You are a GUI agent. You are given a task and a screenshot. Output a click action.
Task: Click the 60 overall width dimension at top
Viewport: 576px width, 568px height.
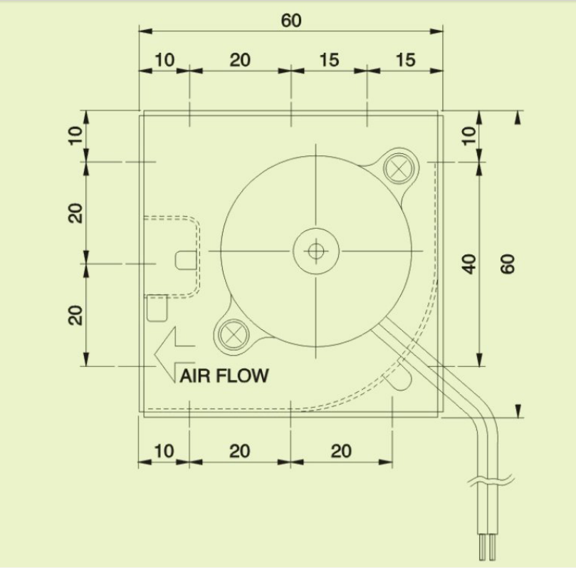291,21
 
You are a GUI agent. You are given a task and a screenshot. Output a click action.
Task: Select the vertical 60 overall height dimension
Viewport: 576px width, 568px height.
508,264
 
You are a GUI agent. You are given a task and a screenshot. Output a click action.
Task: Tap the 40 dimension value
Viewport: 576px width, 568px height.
468,264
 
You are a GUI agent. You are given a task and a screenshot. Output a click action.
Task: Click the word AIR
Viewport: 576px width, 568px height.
192,376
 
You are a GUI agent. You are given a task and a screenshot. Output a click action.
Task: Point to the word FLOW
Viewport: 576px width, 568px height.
240,376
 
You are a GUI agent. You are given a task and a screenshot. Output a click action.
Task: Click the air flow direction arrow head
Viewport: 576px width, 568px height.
165,355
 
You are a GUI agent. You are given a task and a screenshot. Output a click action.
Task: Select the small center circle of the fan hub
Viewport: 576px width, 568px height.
316,252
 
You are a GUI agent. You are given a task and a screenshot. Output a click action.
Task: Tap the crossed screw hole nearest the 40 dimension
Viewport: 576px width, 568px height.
399,169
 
